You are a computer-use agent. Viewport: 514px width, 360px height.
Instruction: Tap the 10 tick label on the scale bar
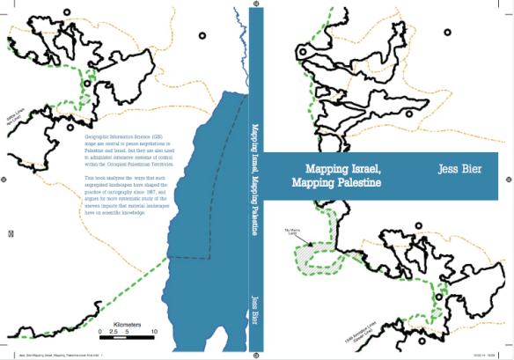pos(155,332)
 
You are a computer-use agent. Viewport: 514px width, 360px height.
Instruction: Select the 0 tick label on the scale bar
pos(100,332)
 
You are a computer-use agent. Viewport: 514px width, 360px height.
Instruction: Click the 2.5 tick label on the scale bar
pos(114,332)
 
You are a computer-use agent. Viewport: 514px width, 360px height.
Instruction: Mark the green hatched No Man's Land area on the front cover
pos(309,254)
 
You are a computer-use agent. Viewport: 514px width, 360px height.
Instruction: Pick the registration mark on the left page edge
pos(10,233)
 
